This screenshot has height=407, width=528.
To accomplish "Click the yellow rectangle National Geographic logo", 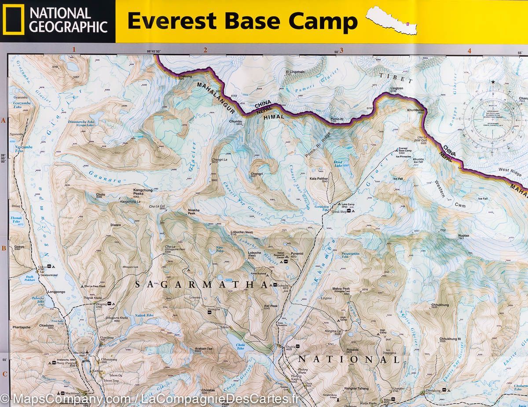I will pyautogui.click(x=13, y=21).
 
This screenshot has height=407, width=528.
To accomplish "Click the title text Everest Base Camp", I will pyautogui.click(x=242, y=21).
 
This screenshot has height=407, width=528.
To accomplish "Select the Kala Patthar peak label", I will pyautogui.click(x=319, y=179).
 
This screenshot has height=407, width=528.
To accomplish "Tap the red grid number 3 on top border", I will pyautogui.click(x=341, y=50).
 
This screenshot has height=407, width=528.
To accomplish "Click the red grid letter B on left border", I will pyautogui.click(x=4, y=248).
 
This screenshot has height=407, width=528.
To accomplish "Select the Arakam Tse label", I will pyautogui.click(x=204, y=348).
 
